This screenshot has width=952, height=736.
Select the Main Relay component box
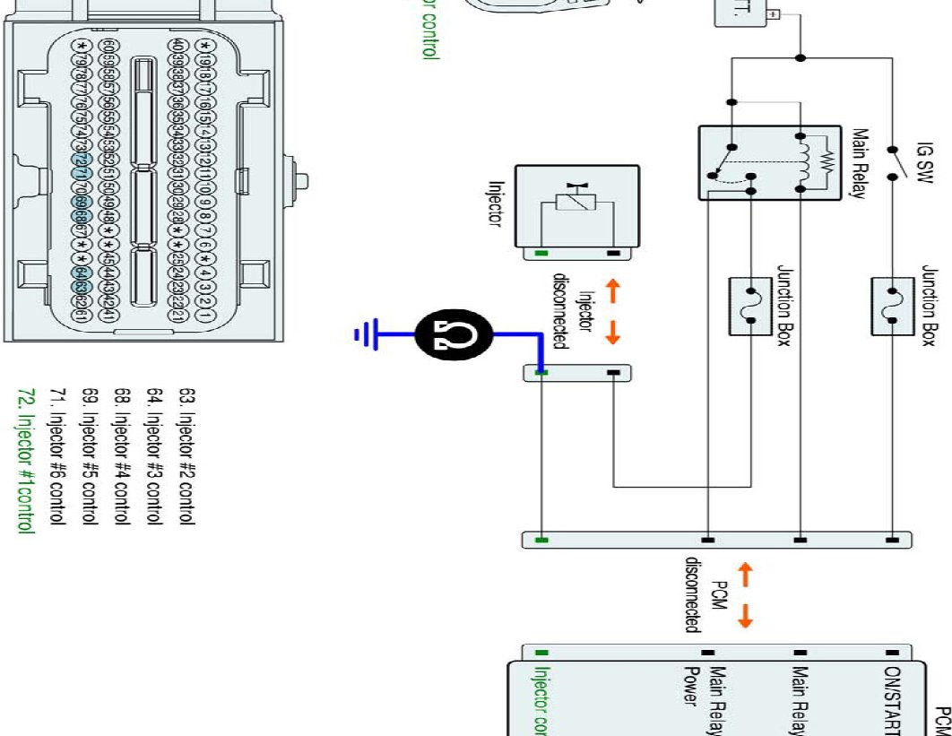(770, 162)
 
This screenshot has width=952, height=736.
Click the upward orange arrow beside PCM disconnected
(746, 572)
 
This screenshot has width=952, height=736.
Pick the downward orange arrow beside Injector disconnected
(613, 333)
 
